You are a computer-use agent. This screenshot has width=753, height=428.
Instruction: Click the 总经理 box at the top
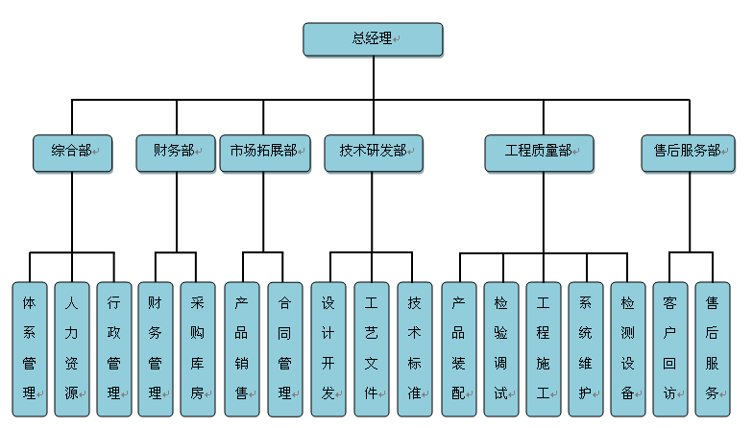373,39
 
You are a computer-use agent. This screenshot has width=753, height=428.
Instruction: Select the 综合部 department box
73,154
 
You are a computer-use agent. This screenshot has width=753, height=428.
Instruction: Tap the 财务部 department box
176,154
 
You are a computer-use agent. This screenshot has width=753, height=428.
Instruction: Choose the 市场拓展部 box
265,154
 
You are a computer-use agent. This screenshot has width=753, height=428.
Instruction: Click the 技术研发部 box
374,154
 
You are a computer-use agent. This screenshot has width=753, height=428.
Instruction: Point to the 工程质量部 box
540,154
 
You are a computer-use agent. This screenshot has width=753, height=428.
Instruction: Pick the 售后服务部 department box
688,154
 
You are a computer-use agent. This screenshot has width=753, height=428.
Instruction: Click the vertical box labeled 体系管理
30,349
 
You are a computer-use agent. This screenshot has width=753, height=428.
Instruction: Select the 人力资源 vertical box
72,349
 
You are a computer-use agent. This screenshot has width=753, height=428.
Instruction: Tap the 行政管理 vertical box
114,349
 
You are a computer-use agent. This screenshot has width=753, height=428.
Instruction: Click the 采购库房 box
198,349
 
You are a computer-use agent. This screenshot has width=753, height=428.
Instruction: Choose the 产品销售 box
242,349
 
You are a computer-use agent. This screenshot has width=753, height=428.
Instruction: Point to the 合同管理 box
285,349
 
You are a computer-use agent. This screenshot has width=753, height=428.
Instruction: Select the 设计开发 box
328,349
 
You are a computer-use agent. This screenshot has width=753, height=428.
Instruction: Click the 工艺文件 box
372,349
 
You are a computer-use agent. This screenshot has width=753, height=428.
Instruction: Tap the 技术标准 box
415,349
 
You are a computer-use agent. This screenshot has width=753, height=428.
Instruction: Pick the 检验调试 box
501,349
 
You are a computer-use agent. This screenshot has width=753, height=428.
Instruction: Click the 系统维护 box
586,349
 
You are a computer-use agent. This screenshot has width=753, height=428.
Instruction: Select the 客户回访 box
670,349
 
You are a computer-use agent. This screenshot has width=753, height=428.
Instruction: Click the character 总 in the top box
359,38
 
